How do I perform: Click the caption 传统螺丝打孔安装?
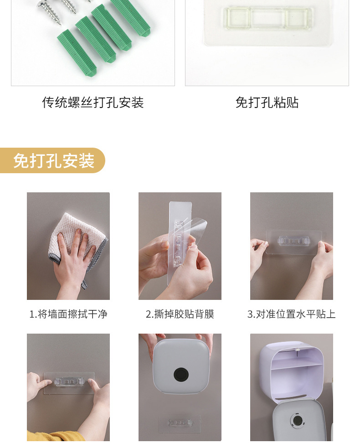pyautogui.click(x=93, y=103)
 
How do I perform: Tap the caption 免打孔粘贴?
pyautogui.click(x=267, y=103)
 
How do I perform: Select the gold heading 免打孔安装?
pyautogui.click(x=53, y=161)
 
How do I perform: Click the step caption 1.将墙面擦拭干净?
pyautogui.click(x=68, y=314)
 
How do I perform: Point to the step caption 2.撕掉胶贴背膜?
pyautogui.click(x=180, y=314)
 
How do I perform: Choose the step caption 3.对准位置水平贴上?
pyautogui.click(x=292, y=314)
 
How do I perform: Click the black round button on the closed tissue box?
pyautogui.click(x=180, y=375)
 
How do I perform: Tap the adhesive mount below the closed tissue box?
pyautogui.click(x=180, y=423)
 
